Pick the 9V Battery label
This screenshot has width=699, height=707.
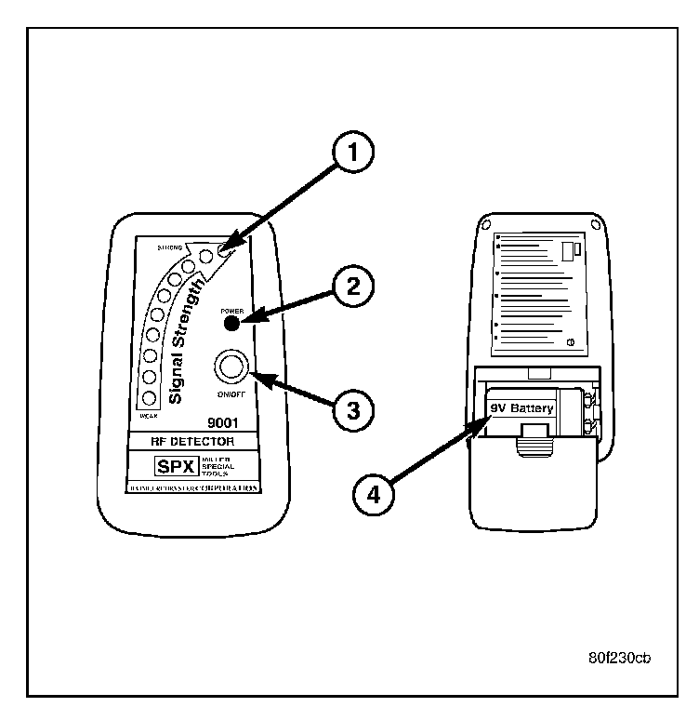pos(521,407)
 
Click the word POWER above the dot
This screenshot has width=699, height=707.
pos(232,311)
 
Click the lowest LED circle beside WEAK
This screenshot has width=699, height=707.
pos(148,398)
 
